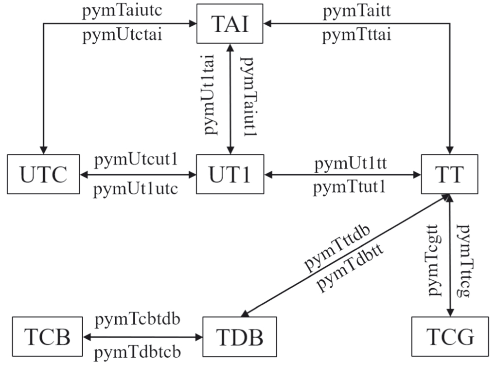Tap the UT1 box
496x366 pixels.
230,174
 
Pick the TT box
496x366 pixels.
449,174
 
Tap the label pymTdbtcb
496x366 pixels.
139,350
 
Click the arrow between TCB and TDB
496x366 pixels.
143,336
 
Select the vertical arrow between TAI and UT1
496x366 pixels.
230,97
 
